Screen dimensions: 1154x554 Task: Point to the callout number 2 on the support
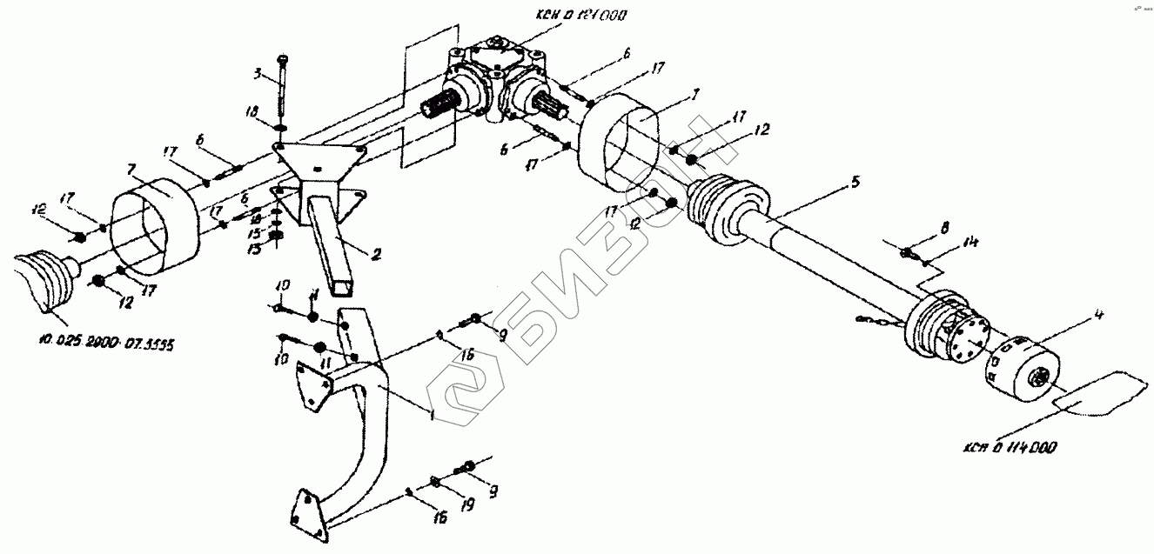point(376,255)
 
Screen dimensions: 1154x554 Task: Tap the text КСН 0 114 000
point(1010,448)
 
